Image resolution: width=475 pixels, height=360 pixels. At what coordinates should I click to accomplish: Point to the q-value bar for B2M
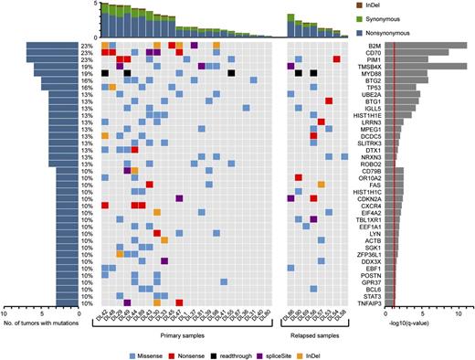click(429, 45)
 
